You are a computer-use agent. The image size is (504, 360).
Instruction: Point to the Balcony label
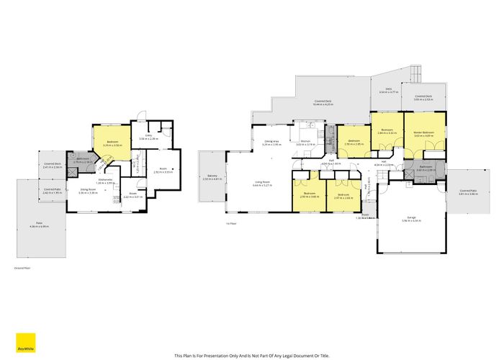coord(211,176)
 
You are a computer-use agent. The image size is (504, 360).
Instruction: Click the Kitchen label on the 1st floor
coord(305,143)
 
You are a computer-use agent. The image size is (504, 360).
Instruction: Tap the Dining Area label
coord(271,143)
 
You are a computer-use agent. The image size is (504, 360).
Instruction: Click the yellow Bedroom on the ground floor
coord(112,143)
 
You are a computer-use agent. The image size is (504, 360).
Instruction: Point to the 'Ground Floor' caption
coord(22,267)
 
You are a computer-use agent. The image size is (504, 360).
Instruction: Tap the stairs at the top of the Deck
coord(414,73)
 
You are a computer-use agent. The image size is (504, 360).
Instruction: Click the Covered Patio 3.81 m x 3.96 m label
coord(468,192)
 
